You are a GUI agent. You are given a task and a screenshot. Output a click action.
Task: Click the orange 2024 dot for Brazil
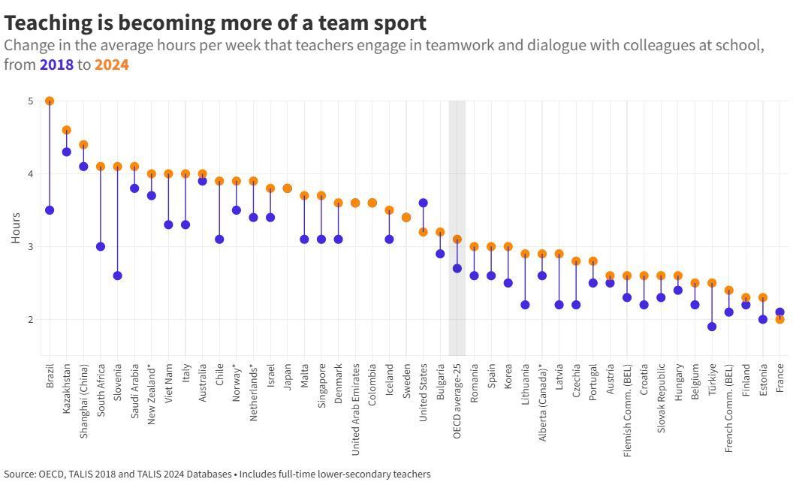pos(50,101)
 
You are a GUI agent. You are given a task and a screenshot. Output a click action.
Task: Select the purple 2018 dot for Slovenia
pos(117,276)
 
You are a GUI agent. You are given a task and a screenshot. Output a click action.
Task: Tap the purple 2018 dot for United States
pos(423,203)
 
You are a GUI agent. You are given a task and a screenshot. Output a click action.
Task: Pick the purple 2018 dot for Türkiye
pos(711,327)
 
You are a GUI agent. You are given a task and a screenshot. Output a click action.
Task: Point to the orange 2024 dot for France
pos(779,319)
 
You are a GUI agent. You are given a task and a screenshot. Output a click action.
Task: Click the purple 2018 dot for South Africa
pos(101,246)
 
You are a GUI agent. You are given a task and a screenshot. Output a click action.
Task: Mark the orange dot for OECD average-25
pos(457,239)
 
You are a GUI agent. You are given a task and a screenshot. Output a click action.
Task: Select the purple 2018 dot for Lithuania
pos(525,305)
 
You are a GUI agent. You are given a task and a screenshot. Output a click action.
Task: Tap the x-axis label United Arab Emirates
pos(355,410)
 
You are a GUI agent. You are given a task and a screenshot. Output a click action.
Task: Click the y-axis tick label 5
pos(30,101)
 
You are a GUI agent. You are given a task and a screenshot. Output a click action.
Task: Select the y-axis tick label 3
pos(30,246)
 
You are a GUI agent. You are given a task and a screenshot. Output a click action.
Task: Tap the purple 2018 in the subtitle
pos(56,65)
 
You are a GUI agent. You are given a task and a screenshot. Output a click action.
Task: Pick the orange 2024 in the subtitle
pos(111,65)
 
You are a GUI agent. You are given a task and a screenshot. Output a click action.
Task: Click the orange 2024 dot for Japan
pos(287,188)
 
